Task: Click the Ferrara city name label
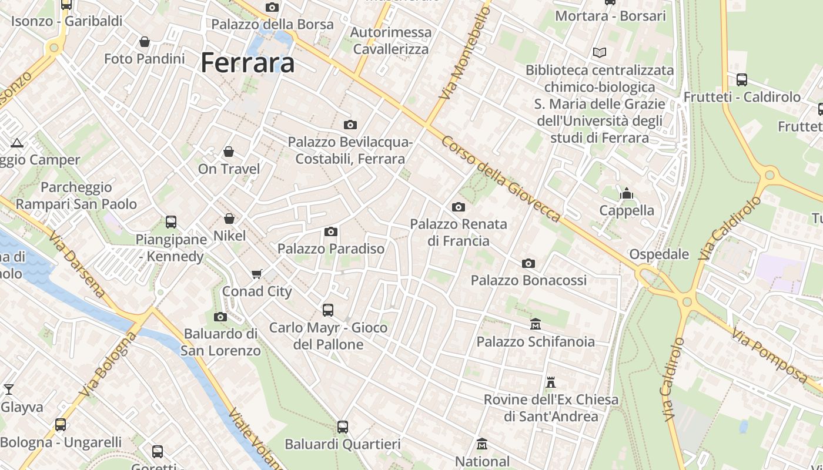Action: coord(247,62)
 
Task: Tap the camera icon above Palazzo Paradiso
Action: coord(331,231)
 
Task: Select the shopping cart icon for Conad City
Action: coord(256,274)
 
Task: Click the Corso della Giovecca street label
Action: coord(501,179)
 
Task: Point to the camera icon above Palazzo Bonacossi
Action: coord(528,263)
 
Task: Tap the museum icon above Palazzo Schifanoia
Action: coord(536,324)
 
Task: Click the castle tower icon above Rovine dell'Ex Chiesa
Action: coord(551,382)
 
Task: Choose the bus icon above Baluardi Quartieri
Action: coord(343,427)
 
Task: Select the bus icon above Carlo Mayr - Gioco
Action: coord(328,310)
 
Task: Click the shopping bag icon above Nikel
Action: coord(229,219)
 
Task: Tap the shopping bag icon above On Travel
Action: coord(229,152)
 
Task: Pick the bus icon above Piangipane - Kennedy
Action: coord(171,222)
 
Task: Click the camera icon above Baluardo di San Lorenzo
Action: coord(220,317)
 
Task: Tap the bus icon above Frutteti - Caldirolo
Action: coord(742,80)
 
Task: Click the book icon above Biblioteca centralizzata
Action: coord(600,53)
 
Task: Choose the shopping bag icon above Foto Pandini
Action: coord(144,42)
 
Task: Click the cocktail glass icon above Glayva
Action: coord(9,390)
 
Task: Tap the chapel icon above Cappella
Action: coord(627,193)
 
